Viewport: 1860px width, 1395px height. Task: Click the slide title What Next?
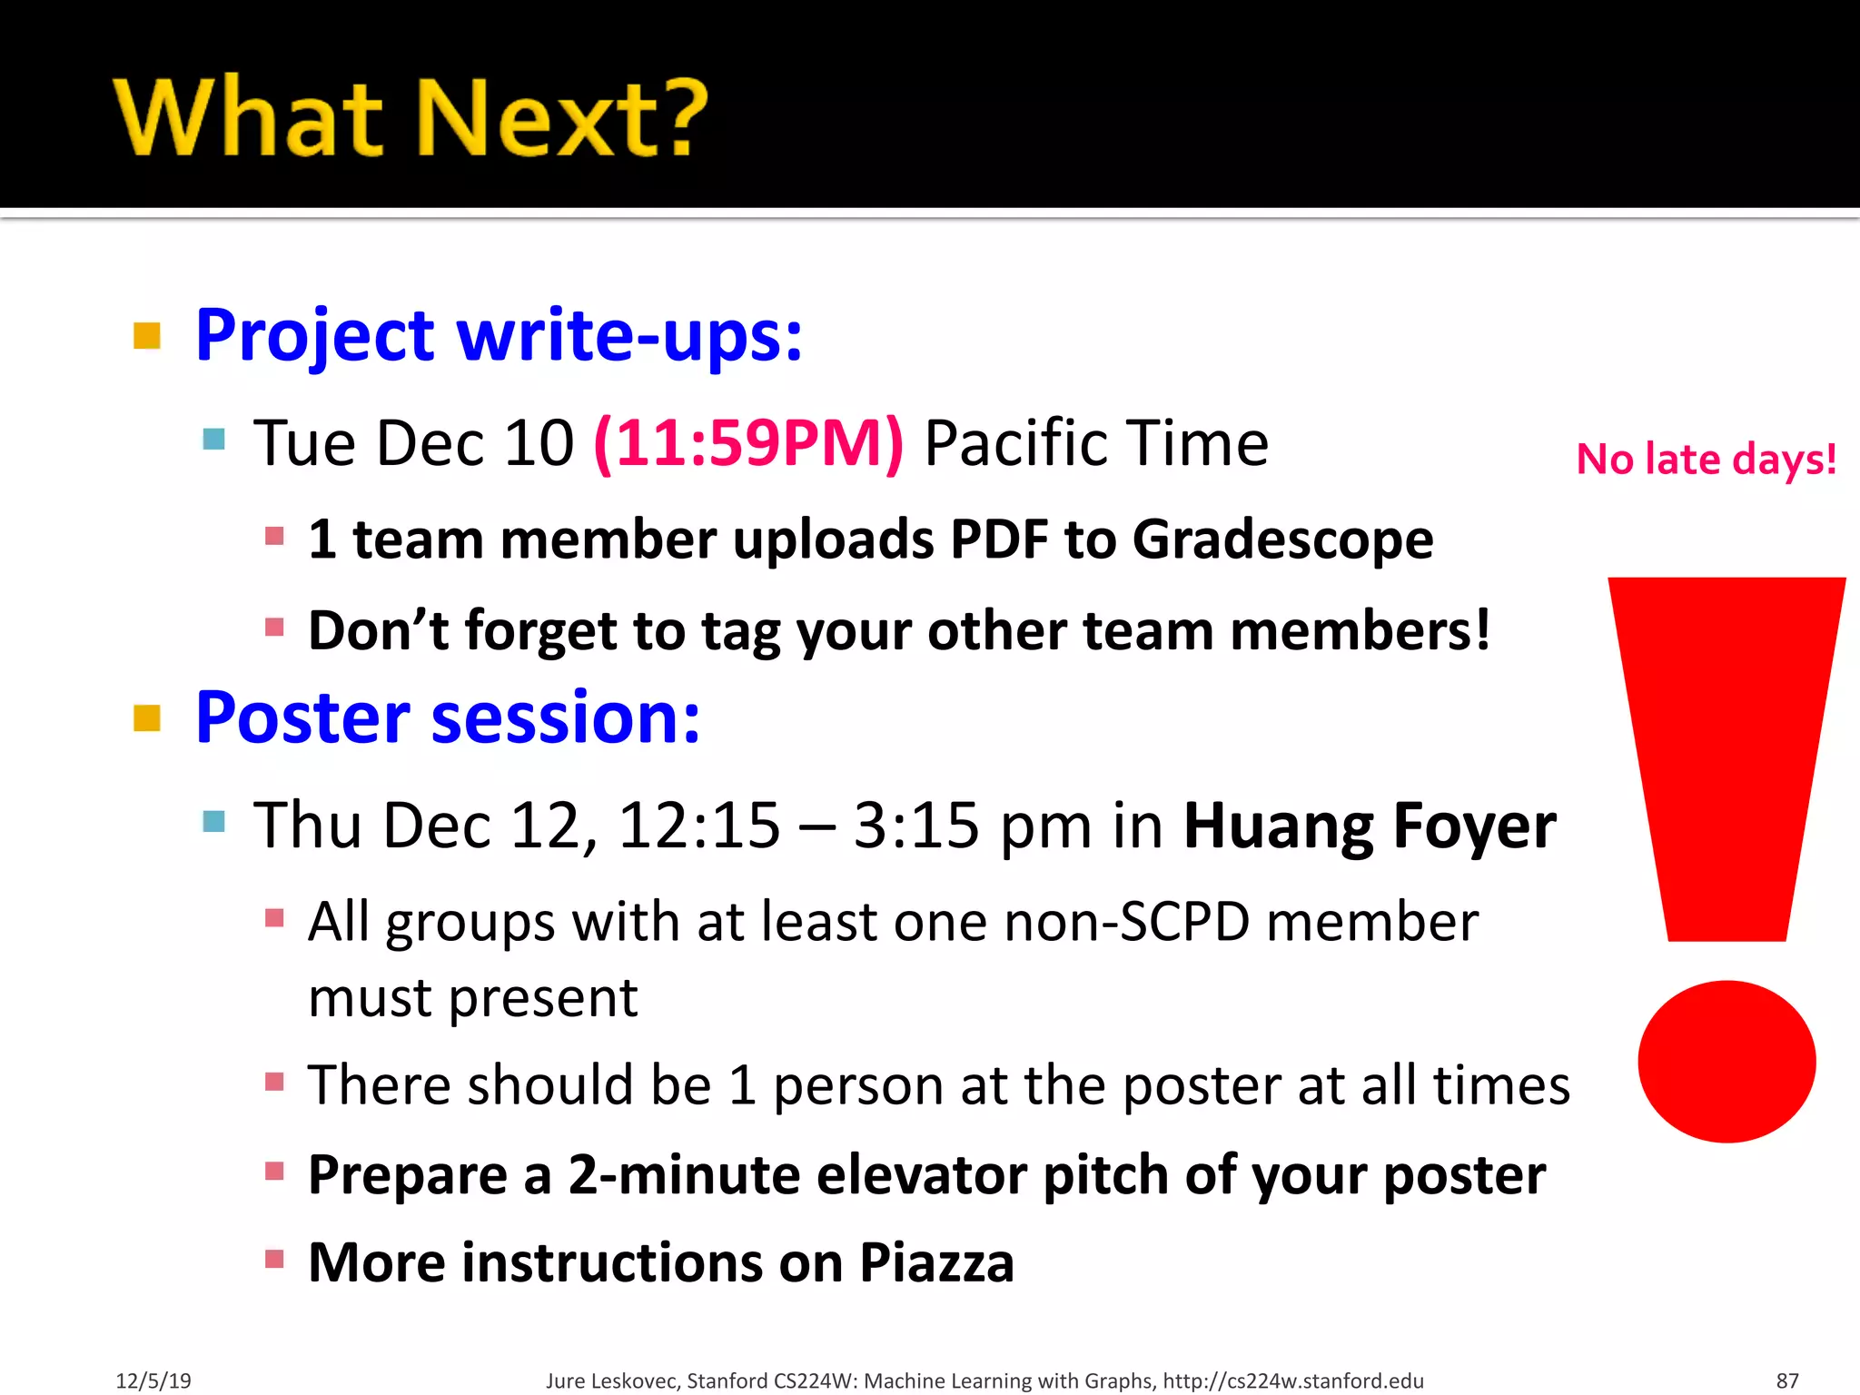(411, 118)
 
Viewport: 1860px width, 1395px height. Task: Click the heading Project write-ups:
(499, 336)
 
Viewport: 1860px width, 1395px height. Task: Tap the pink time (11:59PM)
(748, 443)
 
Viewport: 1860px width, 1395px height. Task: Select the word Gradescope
(1282, 539)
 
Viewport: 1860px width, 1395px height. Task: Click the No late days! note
(1706, 460)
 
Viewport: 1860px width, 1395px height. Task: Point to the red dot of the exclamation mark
(1726, 1061)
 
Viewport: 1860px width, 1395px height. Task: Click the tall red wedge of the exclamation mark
(1726, 754)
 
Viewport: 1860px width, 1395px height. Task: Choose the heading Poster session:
(448, 717)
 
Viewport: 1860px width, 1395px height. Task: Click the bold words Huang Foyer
(1370, 826)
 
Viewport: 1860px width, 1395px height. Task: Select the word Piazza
(936, 1262)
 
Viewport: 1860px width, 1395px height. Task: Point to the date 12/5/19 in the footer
(153, 1380)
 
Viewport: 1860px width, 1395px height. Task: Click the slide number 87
(1787, 1380)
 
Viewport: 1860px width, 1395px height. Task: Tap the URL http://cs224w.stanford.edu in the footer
(1293, 1380)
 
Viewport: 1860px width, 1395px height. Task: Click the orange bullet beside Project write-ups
(147, 336)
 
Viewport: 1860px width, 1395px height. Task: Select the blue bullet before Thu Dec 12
(214, 822)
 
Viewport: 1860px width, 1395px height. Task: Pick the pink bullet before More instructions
(274, 1259)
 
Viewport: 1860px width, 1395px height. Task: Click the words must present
(472, 998)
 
